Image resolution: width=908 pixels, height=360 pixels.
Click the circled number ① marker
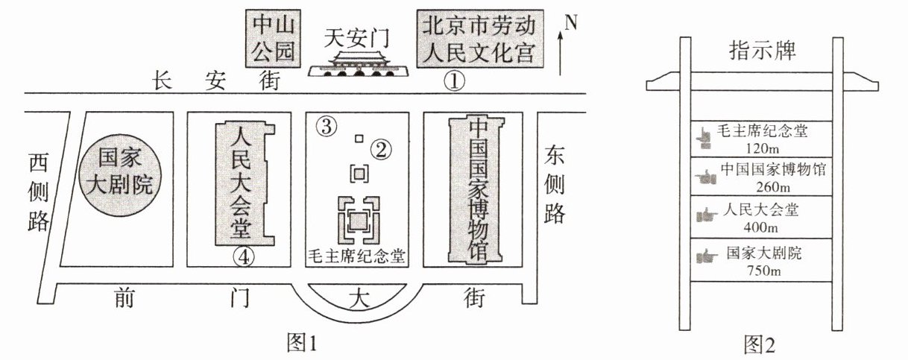tap(454, 81)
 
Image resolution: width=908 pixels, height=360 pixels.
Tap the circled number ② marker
tap(380, 150)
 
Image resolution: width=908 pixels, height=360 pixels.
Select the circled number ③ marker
tap(327, 127)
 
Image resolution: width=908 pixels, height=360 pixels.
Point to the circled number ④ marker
tap(244, 257)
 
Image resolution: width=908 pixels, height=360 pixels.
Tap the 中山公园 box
tap(273, 39)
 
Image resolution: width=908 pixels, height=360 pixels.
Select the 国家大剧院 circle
tap(120, 177)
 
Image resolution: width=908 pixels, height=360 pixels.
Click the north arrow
tap(561, 54)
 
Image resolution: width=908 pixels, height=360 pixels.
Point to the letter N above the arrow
tap(570, 22)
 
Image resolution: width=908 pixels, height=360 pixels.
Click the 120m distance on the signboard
tap(762, 149)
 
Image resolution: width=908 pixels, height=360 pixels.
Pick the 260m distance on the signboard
tap(773, 187)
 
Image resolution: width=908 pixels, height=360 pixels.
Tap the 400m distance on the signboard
tap(761, 227)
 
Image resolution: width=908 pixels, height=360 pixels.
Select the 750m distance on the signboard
tap(763, 271)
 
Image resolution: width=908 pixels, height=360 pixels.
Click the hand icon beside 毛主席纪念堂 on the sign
tap(703, 137)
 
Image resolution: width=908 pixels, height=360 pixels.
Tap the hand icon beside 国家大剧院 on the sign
tap(707, 256)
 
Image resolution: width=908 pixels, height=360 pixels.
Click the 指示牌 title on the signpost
tap(763, 51)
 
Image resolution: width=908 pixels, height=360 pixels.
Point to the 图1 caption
tap(302, 343)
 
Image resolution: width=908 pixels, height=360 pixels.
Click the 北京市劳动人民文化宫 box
tap(480, 39)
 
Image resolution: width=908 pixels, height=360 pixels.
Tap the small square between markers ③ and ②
tap(359, 139)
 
